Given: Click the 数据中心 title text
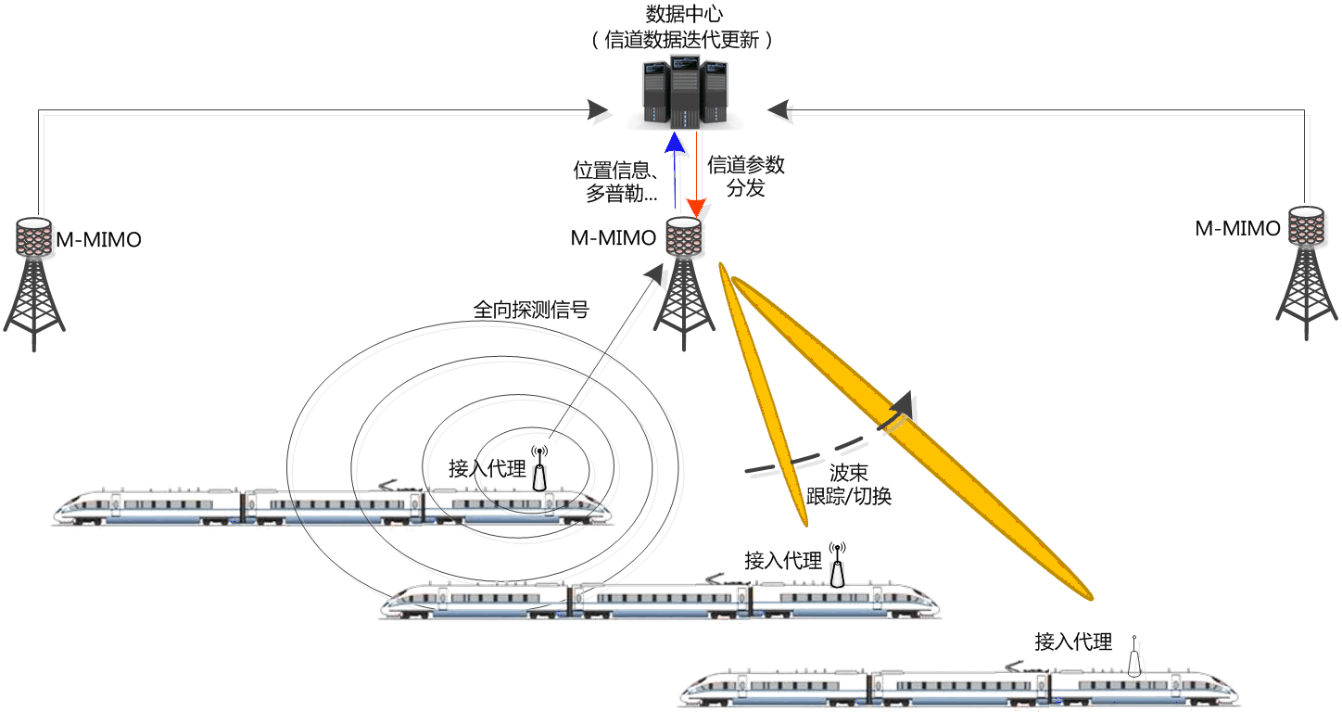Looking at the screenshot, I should click(x=683, y=14).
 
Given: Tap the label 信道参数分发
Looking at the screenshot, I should click(x=746, y=176).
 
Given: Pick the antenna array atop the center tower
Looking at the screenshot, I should click(x=683, y=237).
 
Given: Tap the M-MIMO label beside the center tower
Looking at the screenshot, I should click(x=613, y=238).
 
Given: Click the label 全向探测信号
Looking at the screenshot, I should click(x=531, y=310).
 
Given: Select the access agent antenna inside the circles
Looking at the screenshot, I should click(x=539, y=469).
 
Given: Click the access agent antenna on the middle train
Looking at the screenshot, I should click(x=838, y=566).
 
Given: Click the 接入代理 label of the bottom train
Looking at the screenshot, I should click(x=1073, y=642).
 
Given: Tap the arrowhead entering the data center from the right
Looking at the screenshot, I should click(x=780, y=110).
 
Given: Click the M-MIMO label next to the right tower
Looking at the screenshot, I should click(x=1237, y=228).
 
